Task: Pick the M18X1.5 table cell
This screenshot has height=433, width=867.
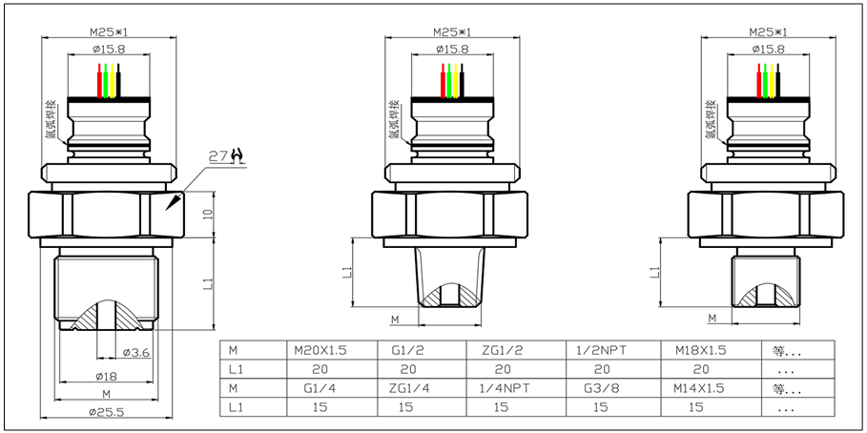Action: (700, 350)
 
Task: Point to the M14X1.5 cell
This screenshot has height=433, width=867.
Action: (700, 388)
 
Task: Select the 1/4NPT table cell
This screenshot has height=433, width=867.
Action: (502, 388)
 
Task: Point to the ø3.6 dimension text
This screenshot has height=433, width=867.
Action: (137, 353)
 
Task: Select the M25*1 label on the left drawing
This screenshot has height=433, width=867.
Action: (108, 31)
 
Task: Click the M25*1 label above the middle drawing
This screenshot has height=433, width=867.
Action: (452, 31)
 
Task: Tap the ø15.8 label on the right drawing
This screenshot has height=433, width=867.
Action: (767, 49)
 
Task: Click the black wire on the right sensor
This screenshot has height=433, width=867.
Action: (777, 81)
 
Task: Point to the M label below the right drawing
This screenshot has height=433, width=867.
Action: (712, 318)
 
